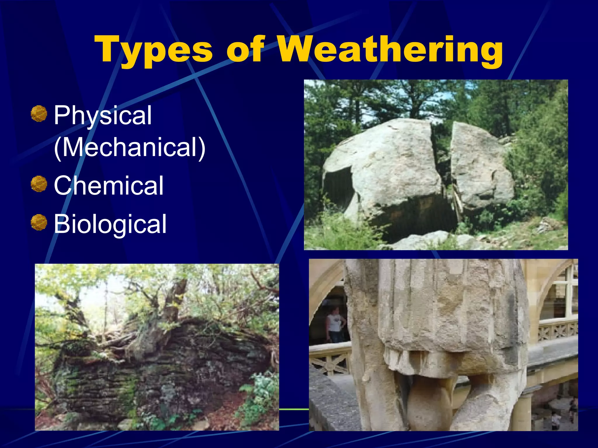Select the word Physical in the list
(103, 116)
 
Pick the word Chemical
(109, 185)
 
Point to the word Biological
(110, 224)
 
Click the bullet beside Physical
(39, 114)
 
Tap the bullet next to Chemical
(39, 184)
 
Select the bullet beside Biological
(39, 223)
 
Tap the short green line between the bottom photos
(294, 409)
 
